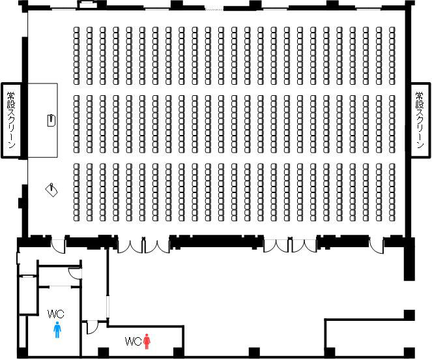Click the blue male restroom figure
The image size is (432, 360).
click(57, 329)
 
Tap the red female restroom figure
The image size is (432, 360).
click(147, 341)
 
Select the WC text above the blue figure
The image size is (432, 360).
click(56, 314)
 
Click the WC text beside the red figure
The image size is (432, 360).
click(134, 341)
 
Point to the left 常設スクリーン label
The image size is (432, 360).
click(11, 120)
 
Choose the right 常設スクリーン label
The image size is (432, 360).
click(420, 120)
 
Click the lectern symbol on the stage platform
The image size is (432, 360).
click(51, 120)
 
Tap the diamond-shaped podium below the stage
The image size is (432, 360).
click(51, 189)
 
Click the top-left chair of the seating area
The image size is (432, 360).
click(76, 29)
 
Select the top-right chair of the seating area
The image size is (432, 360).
click(392, 29)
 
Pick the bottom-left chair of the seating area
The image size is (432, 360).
click(76, 218)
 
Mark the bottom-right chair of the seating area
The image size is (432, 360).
click(392, 218)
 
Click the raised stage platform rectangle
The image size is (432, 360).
click(43, 120)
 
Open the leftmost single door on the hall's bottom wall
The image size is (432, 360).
click(58, 246)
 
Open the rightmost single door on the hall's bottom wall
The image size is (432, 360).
click(376, 246)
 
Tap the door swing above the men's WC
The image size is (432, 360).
click(75, 273)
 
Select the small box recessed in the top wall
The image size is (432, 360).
click(87, 5)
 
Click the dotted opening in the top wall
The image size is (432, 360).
click(214, 9)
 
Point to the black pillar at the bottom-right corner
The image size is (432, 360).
click(409, 352)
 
